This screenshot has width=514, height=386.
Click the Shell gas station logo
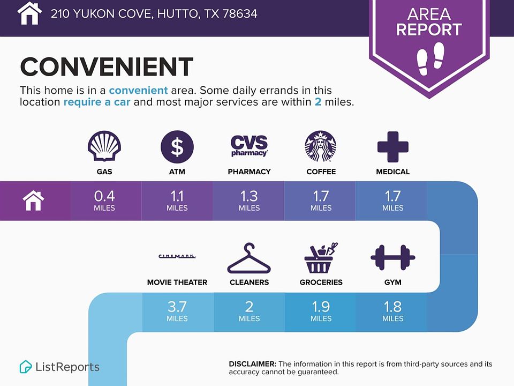[x=104, y=146]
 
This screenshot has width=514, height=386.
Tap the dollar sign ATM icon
[x=177, y=147]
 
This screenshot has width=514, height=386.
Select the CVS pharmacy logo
[x=249, y=146]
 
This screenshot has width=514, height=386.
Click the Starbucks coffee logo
[x=321, y=146]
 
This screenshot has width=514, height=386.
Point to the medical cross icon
[x=392, y=147]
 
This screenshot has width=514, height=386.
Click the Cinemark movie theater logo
[x=177, y=256]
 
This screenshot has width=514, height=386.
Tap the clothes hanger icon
[x=249, y=258]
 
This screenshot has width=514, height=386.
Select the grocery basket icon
[x=321, y=258]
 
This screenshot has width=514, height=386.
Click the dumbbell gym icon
[x=392, y=258]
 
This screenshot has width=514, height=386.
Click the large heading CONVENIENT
[x=107, y=66]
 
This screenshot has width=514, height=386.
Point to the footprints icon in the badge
[x=430, y=58]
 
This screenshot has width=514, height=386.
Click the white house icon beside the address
[x=29, y=13]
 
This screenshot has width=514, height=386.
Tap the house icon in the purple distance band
[x=33, y=201]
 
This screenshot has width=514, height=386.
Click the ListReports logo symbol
[x=26, y=367]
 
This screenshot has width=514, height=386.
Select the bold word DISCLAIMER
[x=253, y=364]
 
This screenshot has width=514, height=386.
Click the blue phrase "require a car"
[x=97, y=102]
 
